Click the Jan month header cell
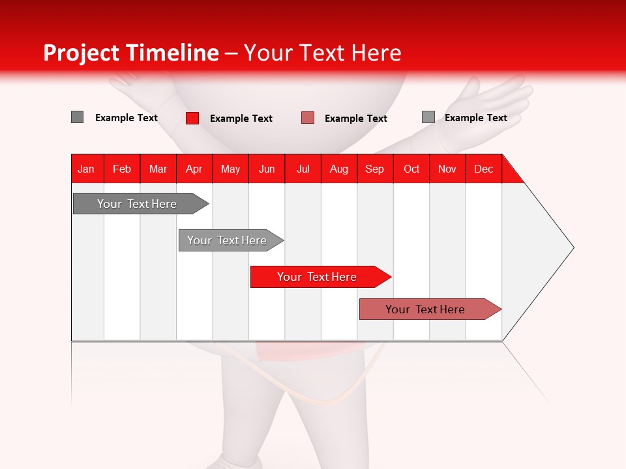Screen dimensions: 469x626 [x=87, y=169]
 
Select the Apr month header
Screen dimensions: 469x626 [x=194, y=169]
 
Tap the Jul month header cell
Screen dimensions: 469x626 [x=303, y=169]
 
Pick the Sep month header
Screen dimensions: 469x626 [x=374, y=169]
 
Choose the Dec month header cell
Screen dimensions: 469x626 [x=483, y=169]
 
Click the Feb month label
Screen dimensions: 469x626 [x=122, y=169]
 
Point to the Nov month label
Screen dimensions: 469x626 [x=447, y=169]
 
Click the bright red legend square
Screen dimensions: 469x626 [x=192, y=118]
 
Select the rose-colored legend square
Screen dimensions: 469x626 [x=308, y=118]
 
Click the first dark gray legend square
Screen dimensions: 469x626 [x=77, y=117]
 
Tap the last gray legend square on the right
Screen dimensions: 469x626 [x=428, y=117]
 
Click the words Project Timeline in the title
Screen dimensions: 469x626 [x=130, y=53]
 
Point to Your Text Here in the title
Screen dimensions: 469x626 [x=322, y=53]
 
